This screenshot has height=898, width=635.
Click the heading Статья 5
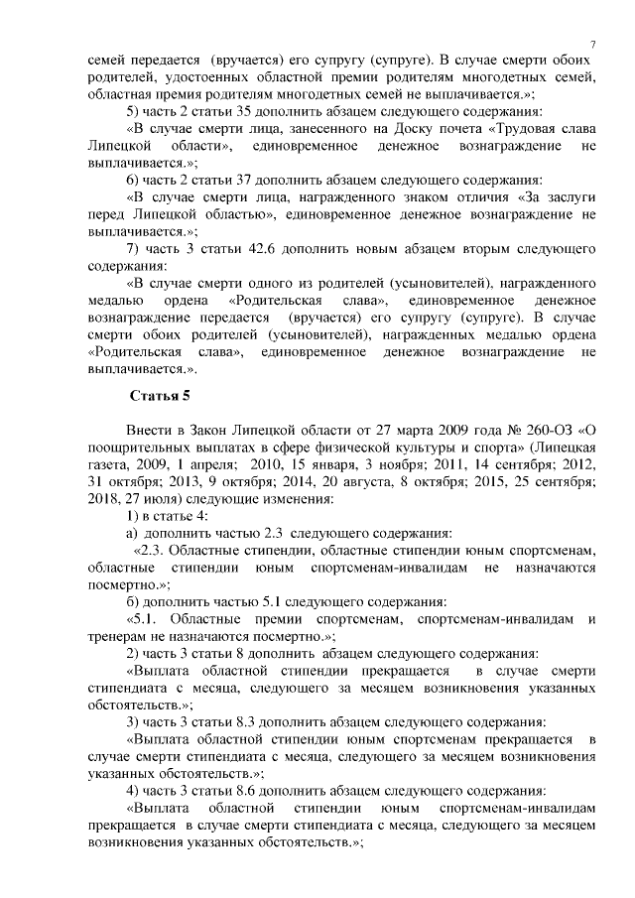click(160, 397)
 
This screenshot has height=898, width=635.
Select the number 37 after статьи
click(250, 180)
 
